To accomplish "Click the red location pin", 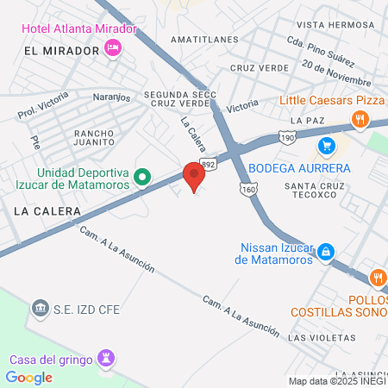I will click(194, 176).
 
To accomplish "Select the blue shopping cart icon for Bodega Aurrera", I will click(325, 145).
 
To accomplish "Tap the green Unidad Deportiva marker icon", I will click(144, 178).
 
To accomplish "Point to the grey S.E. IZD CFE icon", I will click(41, 308).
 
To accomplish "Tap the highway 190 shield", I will click(286, 137).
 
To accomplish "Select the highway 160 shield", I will click(248, 189).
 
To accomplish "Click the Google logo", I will click(28, 377).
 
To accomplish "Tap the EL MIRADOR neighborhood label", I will click(58, 52).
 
